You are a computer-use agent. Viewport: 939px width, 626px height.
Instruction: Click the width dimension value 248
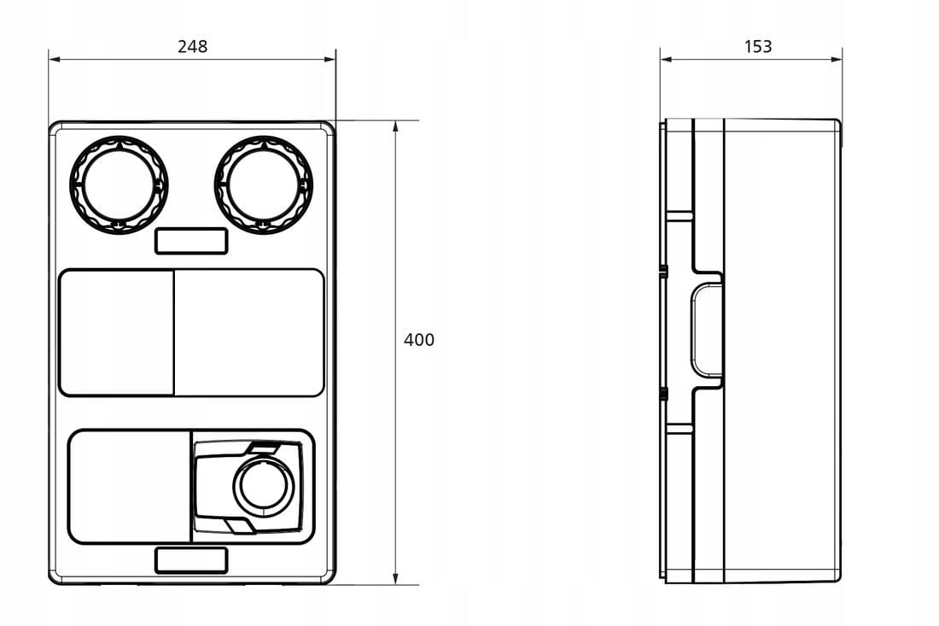[x=192, y=46]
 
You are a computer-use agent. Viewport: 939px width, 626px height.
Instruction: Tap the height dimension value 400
[x=418, y=340]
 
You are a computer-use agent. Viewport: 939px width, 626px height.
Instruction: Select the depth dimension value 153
[x=757, y=46]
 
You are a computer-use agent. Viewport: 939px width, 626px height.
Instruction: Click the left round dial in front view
[x=119, y=184]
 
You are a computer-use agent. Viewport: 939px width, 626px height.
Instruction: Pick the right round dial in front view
[x=264, y=184]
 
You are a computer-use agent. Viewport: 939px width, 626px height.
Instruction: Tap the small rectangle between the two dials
[x=191, y=241]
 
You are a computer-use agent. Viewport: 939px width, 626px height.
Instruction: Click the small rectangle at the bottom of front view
[x=191, y=560]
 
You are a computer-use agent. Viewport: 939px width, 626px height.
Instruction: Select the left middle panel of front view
[x=116, y=332]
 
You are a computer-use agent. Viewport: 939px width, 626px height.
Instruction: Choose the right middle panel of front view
[x=249, y=332]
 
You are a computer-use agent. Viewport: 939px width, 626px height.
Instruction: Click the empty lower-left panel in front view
[x=130, y=487]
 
